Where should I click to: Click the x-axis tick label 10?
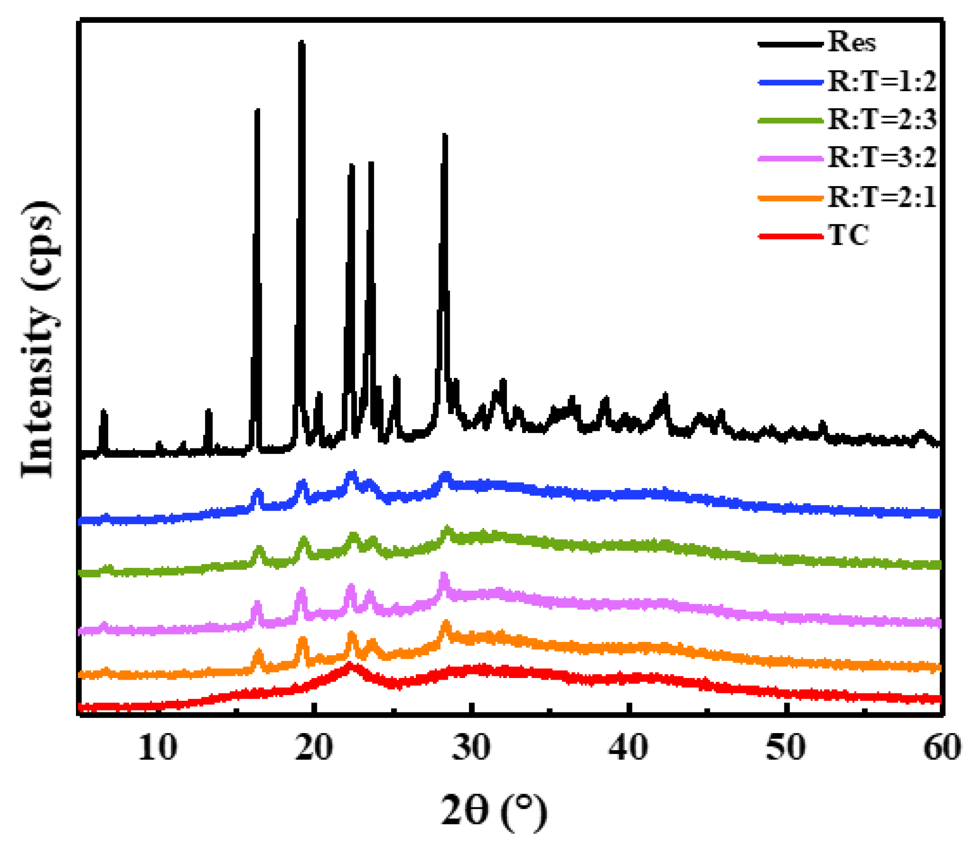158,748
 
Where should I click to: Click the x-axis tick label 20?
314,748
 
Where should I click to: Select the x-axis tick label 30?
471,748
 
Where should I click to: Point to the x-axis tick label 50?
786,748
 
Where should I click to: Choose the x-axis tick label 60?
942,748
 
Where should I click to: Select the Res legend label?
852,43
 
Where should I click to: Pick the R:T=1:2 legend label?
882,82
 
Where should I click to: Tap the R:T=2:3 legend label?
882,119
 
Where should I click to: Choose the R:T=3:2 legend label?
882,158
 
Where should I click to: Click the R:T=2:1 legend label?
882,197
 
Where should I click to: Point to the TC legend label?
849,235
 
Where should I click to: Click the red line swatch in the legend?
791,236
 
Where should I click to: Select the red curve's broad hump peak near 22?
350,665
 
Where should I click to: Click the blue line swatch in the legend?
791,82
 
